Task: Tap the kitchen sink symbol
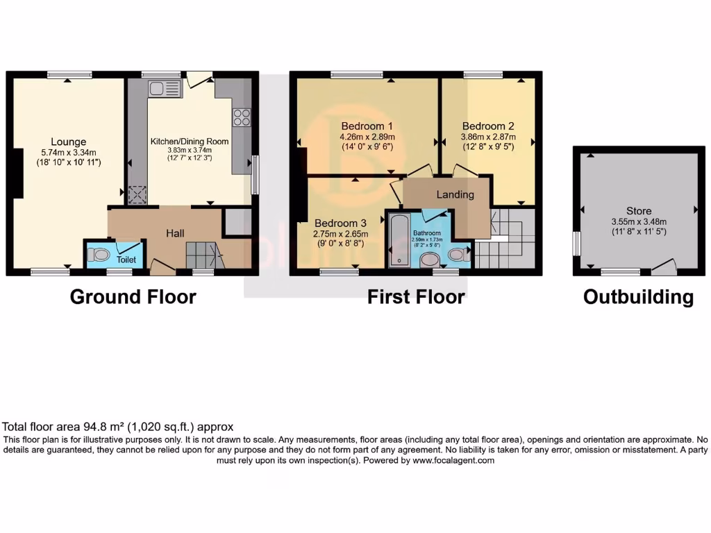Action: (x=164, y=88)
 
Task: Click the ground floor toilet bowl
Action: (x=100, y=255)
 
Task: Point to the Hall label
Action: (x=174, y=234)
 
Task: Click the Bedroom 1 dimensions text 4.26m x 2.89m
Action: (x=367, y=137)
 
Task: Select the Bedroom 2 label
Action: (x=488, y=126)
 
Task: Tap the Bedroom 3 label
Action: (x=340, y=223)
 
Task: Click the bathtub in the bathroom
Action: (x=400, y=240)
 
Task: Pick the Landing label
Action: (x=455, y=194)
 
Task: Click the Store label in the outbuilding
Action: (x=639, y=211)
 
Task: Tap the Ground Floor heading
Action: (x=133, y=297)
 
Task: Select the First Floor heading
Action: (x=416, y=297)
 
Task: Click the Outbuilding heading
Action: (x=638, y=297)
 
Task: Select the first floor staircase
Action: (x=505, y=239)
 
